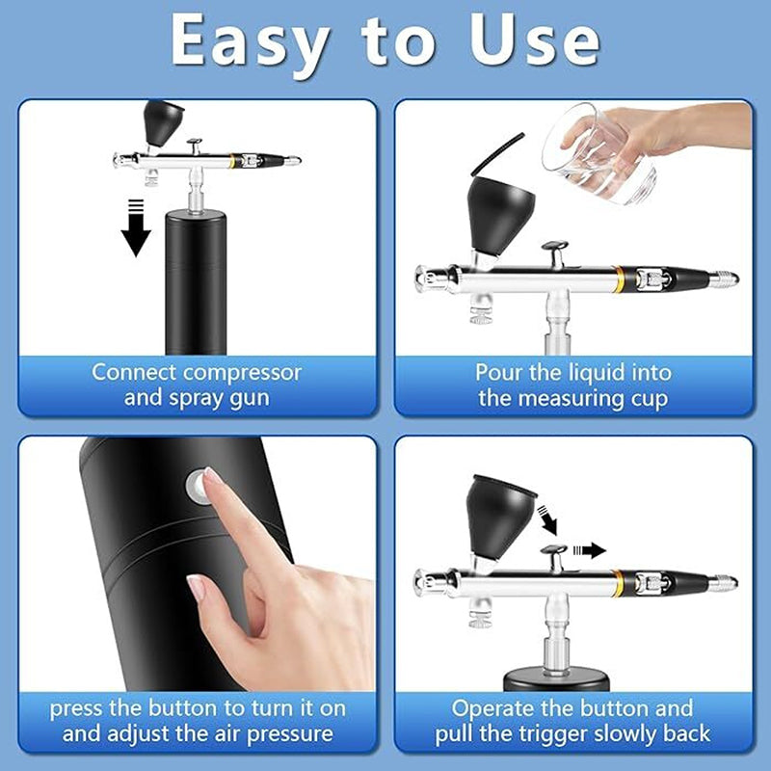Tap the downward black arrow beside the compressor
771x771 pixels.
click(136, 227)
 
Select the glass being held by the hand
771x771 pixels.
click(598, 156)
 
